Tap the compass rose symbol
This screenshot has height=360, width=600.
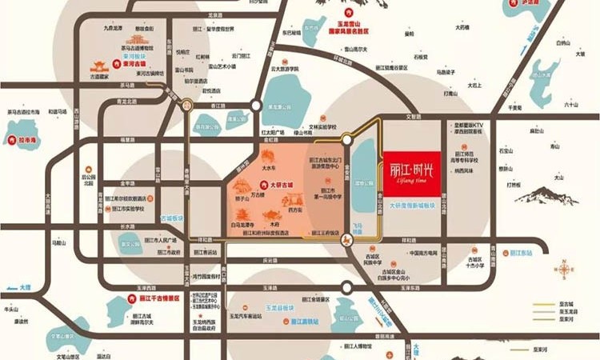[566, 271]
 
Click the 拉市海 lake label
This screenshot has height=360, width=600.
[30, 140]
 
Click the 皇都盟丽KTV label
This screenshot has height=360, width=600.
[471, 125]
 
